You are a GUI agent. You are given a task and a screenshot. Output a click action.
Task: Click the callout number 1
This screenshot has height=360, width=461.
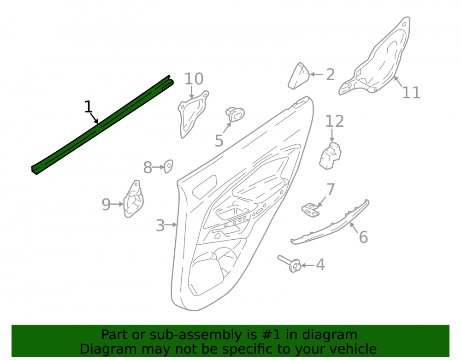(x=88, y=106)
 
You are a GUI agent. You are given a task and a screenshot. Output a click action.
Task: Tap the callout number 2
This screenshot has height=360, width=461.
(x=331, y=75)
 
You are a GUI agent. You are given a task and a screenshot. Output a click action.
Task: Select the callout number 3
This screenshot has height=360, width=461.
(x=160, y=225)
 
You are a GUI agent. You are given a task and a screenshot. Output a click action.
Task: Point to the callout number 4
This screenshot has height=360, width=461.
(x=320, y=265)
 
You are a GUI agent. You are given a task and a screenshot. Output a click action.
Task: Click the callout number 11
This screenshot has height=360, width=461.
(x=411, y=93)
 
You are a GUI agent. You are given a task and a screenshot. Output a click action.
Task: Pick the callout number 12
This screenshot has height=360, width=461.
(x=335, y=121)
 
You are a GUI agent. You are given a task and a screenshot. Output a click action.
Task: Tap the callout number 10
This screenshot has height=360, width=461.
(x=194, y=79)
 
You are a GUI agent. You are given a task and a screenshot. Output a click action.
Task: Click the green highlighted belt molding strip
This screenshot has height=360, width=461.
(x=102, y=125)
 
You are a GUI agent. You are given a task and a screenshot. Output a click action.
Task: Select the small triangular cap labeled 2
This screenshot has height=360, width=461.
(x=299, y=76)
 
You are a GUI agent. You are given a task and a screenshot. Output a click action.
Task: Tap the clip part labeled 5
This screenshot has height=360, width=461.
(x=235, y=114)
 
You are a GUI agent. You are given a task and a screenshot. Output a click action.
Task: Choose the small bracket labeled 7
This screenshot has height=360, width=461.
(x=310, y=210)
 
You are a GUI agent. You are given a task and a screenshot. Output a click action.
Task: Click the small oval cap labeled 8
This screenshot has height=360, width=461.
(x=168, y=166)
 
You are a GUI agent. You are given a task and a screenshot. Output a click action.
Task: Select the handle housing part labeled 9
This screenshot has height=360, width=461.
(x=134, y=199)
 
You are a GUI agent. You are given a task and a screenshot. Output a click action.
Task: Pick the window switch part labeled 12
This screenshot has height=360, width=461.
(x=331, y=156)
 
